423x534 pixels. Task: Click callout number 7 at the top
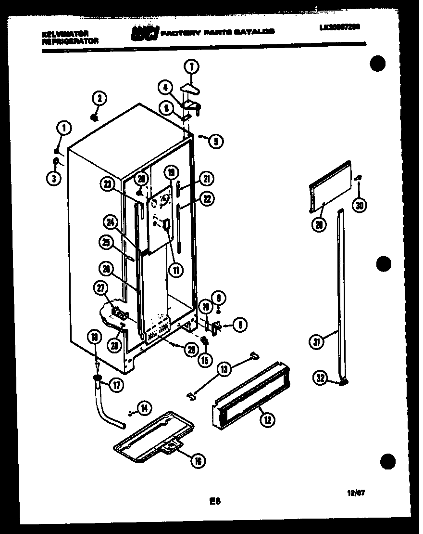point(191,66)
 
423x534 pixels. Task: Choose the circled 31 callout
point(316,342)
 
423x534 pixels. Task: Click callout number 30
point(359,206)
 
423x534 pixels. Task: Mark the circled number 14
point(143,409)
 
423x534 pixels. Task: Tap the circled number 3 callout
point(54,178)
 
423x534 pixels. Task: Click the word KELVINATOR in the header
point(65,34)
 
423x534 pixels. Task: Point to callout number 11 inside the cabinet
point(176,269)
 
